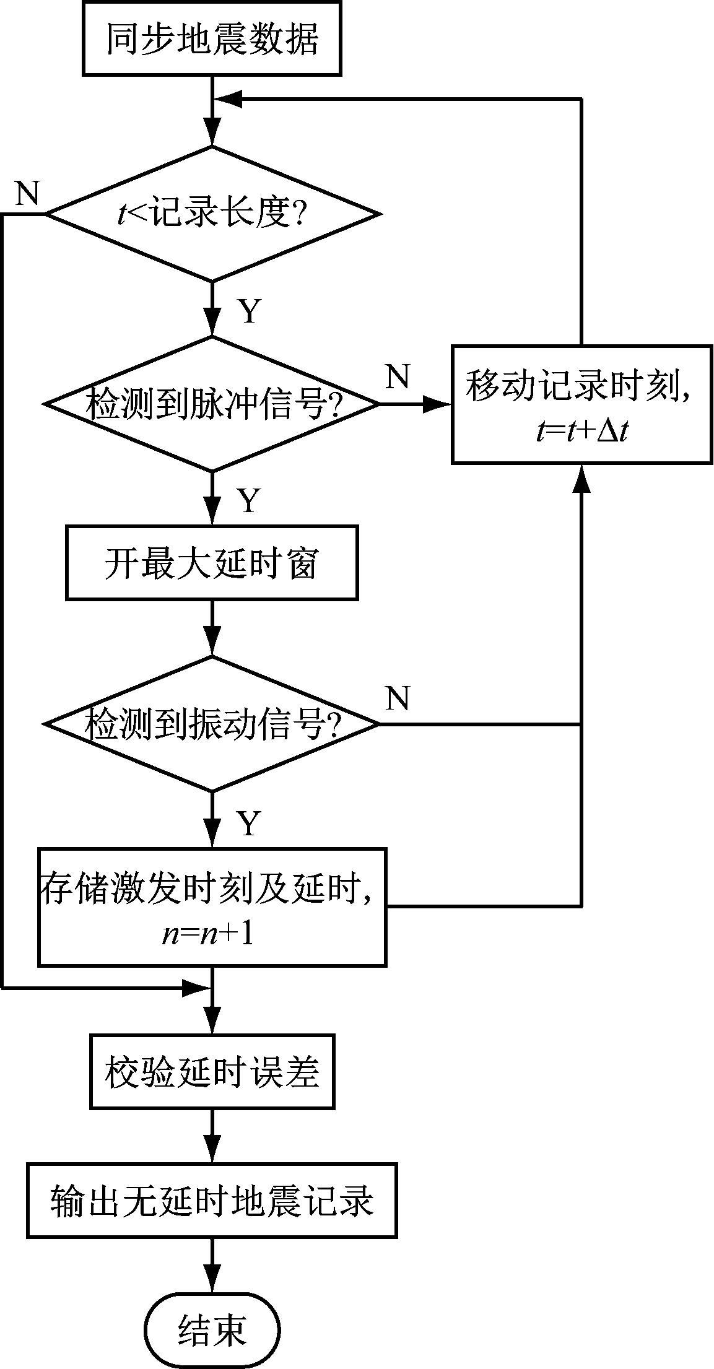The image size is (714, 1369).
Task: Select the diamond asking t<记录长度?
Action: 212,214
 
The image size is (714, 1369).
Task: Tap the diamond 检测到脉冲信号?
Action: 212,404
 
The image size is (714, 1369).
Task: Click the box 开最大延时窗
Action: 212,563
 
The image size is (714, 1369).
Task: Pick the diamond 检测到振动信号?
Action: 212,723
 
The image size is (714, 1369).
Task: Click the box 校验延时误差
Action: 212,1072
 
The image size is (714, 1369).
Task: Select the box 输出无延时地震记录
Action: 212,1200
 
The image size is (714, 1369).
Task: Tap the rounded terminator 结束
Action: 212,1329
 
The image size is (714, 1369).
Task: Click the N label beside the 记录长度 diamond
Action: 26,194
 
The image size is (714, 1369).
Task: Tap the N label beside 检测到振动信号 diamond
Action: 398,698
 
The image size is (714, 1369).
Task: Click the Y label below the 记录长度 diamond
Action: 249,311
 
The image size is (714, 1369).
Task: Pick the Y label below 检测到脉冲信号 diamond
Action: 249,500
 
